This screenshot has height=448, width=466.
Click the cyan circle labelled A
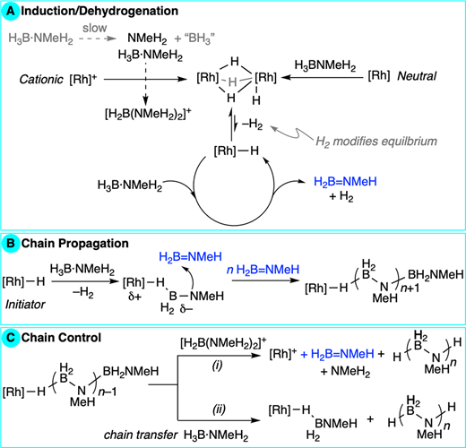11,11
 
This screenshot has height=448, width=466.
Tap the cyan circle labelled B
11,244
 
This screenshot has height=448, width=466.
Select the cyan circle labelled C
11,338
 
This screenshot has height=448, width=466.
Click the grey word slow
95,28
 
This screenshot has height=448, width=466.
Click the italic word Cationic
41,80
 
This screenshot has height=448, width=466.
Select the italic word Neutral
417,76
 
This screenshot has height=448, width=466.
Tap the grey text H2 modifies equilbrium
376,142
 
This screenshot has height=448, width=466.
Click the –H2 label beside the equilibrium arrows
253,124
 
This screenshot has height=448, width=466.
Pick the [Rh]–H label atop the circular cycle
236,151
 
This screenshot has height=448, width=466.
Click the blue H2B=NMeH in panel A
345,182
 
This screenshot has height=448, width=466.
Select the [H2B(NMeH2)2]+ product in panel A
148,114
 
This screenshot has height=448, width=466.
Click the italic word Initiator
25,305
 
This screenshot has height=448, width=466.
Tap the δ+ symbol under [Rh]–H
134,297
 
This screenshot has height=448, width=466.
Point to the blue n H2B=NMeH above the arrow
263,270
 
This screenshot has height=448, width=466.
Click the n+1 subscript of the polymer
410,288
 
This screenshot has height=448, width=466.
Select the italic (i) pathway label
217,366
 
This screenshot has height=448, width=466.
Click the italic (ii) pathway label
219,409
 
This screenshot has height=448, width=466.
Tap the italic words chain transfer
141,435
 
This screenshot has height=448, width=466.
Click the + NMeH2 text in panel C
345,372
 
